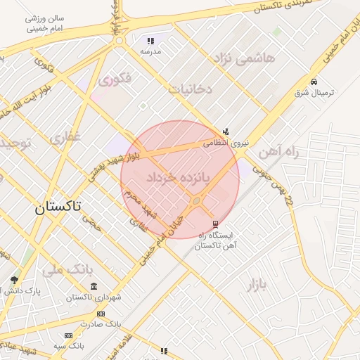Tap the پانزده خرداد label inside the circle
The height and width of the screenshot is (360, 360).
[x=179, y=179]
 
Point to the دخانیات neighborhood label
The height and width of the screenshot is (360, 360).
[x=191, y=89]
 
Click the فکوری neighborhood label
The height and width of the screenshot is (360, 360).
[x=114, y=79]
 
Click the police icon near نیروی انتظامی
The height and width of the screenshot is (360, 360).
[x=226, y=131]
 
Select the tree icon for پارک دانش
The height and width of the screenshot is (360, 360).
[x=14, y=281]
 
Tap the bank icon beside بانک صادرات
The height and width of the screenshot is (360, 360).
[x=101, y=314]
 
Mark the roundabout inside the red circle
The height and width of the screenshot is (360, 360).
[x=196, y=202]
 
